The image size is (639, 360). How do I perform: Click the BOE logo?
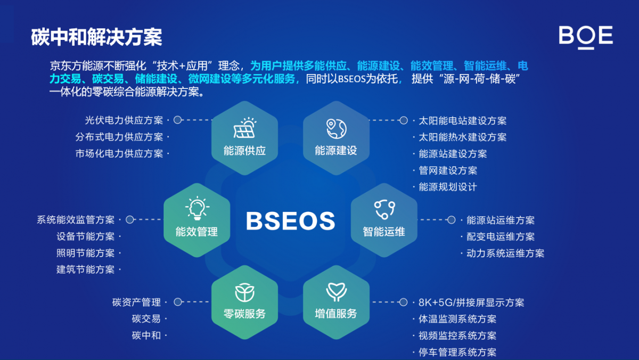pyautogui.click(x=586, y=37)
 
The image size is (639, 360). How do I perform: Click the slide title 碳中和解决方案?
pyautogui.click(x=96, y=37)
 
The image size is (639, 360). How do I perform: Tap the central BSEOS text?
pyautogui.click(x=290, y=221)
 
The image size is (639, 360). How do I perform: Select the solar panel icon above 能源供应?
pyautogui.click(x=245, y=128)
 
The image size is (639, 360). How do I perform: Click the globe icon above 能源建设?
pyautogui.click(x=337, y=129)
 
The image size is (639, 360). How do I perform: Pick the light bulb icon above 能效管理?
pyautogui.click(x=197, y=208)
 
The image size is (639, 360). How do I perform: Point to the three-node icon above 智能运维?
pyautogui.click(x=384, y=209)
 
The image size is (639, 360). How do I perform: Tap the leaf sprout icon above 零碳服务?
pyautogui.click(x=244, y=292)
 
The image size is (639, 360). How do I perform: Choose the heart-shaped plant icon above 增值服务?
pyautogui.click(x=337, y=292)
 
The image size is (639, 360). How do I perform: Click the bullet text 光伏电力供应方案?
pyautogui.click(x=124, y=120)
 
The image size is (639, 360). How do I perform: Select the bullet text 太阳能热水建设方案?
pyautogui.click(x=462, y=137)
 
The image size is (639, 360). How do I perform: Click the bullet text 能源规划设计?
pyautogui.click(x=448, y=187)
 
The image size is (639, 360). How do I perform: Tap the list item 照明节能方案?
pyautogui.click(x=85, y=253)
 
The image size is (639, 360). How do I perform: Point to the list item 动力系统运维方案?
pyautogui.click(x=505, y=253)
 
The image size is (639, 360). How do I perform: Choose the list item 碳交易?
pyautogui.click(x=146, y=319)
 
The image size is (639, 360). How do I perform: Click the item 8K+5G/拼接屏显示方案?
pyautogui.click(x=471, y=302)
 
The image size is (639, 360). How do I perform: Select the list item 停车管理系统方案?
pyautogui.click(x=457, y=353)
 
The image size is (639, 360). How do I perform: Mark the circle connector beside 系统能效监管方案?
pyautogui.click(x=130, y=219)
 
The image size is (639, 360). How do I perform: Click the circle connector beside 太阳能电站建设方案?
pyautogui.click(x=404, y=120)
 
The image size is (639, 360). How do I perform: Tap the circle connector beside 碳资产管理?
pyautogui.click(x=178, y=302)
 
